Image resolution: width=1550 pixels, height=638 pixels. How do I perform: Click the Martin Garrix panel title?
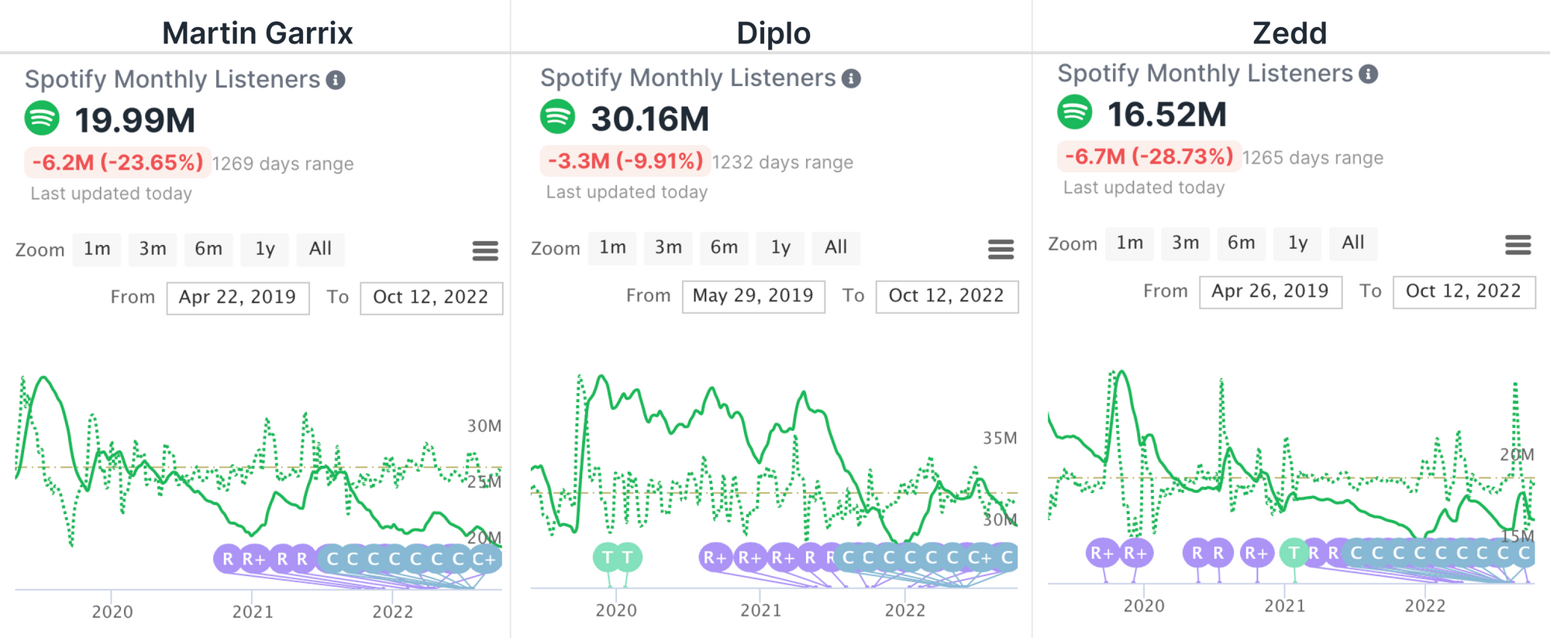coord(257,33)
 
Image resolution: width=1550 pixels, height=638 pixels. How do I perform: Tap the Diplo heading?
coord(773,33)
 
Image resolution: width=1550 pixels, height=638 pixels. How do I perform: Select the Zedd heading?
coord(1290,33)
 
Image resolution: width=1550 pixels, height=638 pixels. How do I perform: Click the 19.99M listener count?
coord(135,120)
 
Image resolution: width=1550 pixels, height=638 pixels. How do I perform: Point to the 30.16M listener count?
coord(650,119)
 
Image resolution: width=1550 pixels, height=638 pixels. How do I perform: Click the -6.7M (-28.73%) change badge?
coord(1149,157)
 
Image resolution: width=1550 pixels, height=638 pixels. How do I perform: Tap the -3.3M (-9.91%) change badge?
coord(625,161)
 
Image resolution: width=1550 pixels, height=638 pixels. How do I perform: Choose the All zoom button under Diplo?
coord(835,247)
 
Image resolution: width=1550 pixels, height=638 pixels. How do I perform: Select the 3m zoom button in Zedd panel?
coord(1185,243)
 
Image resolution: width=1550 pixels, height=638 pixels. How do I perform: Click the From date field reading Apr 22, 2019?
coord(238,298)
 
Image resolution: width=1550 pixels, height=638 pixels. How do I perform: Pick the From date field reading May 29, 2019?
coord(753,296)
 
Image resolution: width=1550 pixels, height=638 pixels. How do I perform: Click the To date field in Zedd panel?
coord(1463,291)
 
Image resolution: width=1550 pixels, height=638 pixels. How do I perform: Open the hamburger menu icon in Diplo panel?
coord(1001,249)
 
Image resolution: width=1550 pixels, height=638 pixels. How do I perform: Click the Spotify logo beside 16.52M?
coord(1075,112)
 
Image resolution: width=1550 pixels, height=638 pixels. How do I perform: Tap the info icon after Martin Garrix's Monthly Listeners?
coord(336,80)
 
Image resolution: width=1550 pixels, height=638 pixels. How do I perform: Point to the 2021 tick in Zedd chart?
coord(1285,605)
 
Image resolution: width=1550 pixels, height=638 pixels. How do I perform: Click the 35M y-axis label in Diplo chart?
coord(1000,438)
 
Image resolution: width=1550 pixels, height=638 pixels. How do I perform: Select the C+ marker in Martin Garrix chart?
coord(484,559)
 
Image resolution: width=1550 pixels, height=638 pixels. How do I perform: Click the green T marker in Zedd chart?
coord(1293,553)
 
